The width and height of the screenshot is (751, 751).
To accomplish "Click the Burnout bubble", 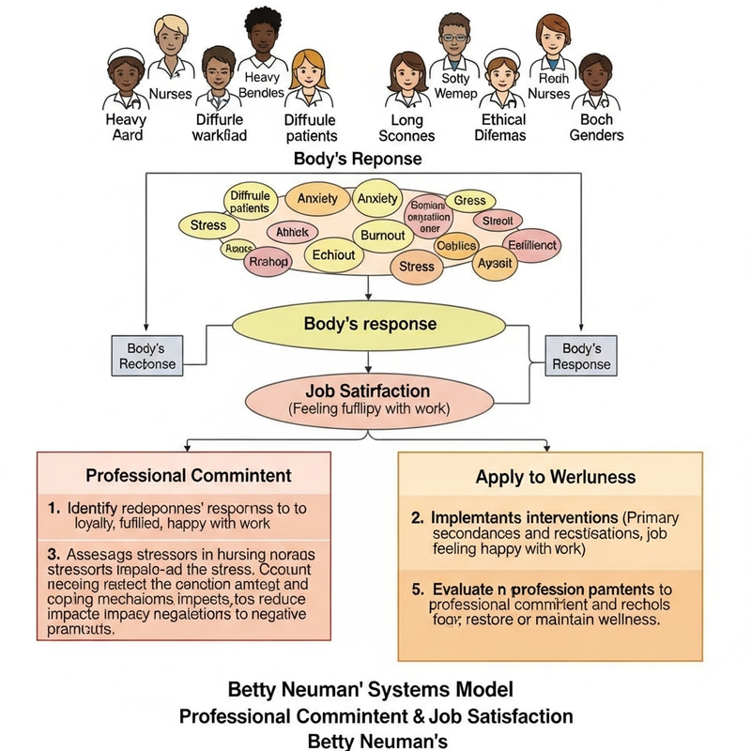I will [x=382, y=235].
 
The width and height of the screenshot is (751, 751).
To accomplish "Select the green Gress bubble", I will [x=469, y=201].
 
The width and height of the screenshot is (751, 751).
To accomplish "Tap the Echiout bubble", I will [x=333, y=255].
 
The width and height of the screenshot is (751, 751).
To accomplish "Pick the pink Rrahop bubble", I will [x=266, y=262].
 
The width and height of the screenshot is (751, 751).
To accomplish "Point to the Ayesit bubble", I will [x=494, y=263].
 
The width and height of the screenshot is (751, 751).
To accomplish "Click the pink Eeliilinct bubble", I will [x=531, y=245].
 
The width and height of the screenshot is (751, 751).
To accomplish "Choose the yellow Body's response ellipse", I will [x=369, y=325].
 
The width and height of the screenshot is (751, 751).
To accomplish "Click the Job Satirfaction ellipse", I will [x=368, y=398].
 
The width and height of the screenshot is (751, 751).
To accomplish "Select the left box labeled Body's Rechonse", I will [x=146, y=356].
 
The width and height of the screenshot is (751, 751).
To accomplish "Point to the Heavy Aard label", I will [x=126, y=127].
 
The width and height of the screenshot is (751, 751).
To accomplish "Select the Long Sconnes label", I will [x=406, y=128].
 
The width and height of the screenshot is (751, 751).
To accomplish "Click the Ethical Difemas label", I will [x=504, y=128].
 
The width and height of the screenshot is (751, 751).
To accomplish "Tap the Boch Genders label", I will [x=596, y=128].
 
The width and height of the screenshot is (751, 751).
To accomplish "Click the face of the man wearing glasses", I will [x=454, y=44].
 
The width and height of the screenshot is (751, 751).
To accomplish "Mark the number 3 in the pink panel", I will [x=54, y=555].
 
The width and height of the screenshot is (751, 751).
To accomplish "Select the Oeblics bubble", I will [x=457, y=246].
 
